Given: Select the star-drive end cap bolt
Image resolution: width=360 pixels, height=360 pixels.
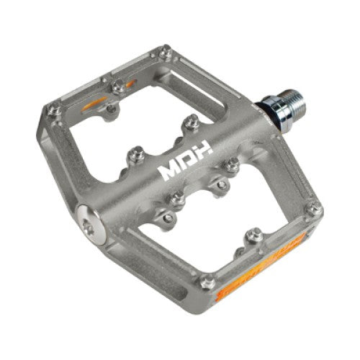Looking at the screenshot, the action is pyautogui.click(x=91, y=221).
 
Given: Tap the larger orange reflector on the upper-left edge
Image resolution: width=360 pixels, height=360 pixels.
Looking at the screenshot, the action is pyautogui.click(x=94, y=103).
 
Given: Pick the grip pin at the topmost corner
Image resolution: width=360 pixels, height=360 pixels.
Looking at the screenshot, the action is pyautogui.click(x=166, y=52).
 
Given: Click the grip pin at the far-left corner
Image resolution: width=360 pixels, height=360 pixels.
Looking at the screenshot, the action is pyautogui.click(x=55, y=110).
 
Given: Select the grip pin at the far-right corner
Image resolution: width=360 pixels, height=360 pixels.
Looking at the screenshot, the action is pyautogui.click(x=315, y=209).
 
